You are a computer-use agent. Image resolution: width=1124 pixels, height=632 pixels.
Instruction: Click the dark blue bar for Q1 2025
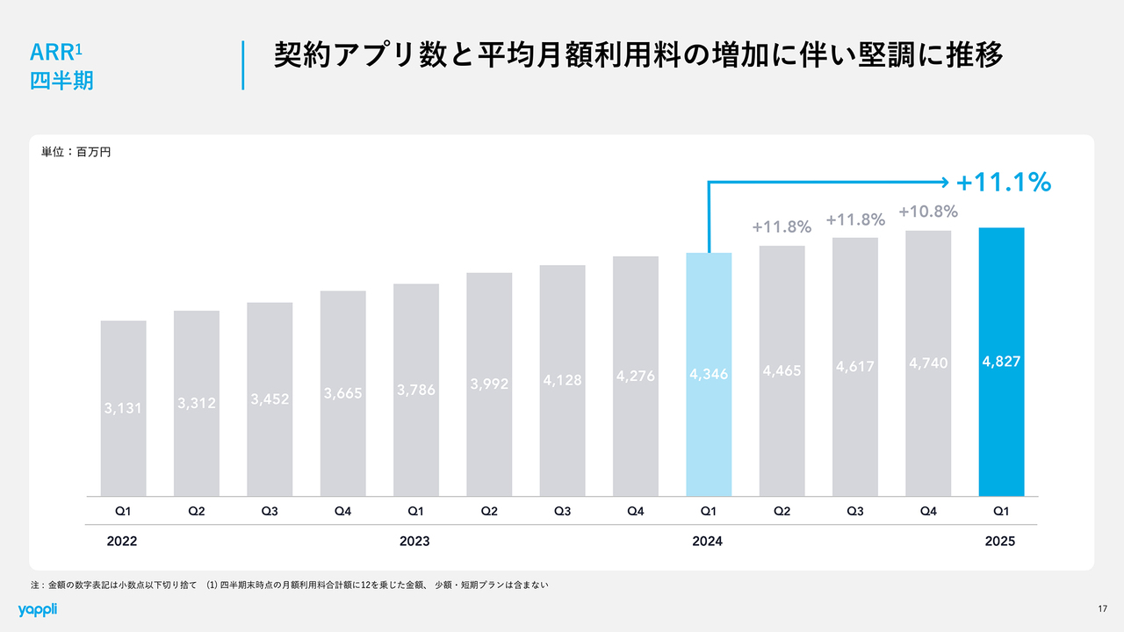pyautogui.click(x=1001, y=421)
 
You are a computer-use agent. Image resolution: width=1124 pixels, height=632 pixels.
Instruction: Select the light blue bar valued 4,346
pyautogui.click(x=709, y=439)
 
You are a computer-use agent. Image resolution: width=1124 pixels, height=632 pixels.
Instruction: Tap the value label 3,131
pyautogui.click(x=123, y=407)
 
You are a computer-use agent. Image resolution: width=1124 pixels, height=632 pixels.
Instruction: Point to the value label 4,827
pyautogui.click(x=1001, y=361)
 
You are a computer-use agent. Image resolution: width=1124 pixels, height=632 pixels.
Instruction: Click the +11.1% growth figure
pyautogui.click(x=1004, y=183)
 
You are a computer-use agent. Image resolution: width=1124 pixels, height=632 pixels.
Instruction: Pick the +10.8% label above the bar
pyautogui.click(x=928, y=212)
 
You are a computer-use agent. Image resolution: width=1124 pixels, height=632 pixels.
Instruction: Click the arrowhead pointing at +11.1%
pyautogui.click(x=945, y=183)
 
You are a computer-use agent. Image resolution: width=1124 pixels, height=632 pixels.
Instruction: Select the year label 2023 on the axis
pyautogui.click(x=414, y=542)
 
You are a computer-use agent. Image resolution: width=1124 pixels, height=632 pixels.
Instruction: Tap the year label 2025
pyautogui.click(x=1000, y=542)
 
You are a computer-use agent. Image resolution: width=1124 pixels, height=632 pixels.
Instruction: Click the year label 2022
pyautogui.click(x=122, y=542)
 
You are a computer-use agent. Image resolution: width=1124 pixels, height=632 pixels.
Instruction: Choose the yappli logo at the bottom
pyautogui.click(x=37, y=609)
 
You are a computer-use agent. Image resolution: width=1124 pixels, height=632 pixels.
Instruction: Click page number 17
pyautogui.click(x=1102, y=609)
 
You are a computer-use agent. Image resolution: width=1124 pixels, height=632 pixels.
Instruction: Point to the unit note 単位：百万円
pyautogui.click(x=76, y=152)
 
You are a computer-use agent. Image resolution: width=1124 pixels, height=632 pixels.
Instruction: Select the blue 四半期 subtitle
pyautogui.click(x=61, y=81)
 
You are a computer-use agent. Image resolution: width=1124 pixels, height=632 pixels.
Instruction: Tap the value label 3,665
pyautogui.click(x=342, y=394)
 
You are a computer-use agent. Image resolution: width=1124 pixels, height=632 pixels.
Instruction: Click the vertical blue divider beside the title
pyautogui.click(x=242, y=64)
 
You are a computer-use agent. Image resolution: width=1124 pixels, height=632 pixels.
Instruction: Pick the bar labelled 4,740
pyautogui.click(x=928, y=439)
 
